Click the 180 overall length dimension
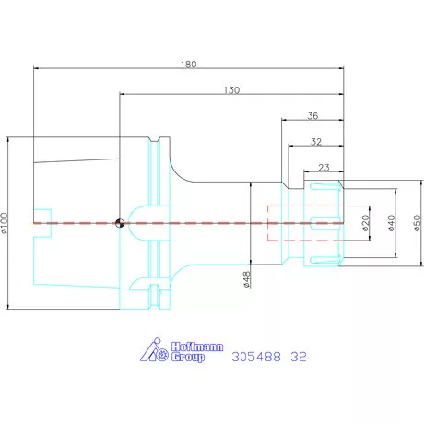pos(188,65)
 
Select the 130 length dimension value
pos(231,90)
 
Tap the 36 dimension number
pos(312,116)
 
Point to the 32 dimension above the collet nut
pos(316,142)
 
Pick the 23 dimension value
pos(324,168)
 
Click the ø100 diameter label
pos(5,223)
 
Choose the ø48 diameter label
pos(247,279)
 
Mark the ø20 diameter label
pos(365,223)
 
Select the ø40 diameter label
pos(391,223)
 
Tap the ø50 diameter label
pos(417,223)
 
